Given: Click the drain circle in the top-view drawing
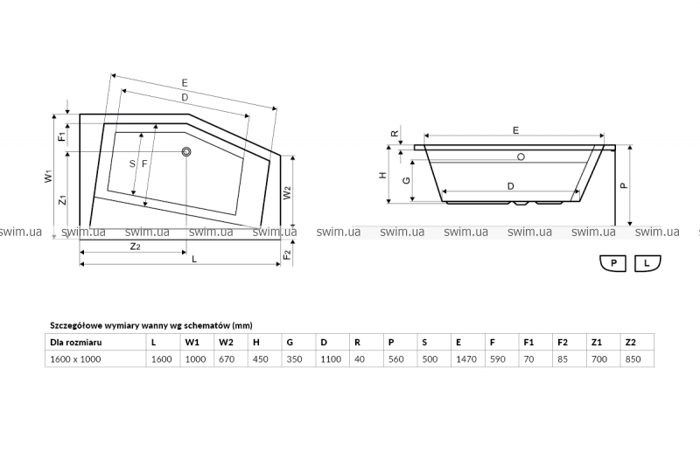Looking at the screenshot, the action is (186, 152).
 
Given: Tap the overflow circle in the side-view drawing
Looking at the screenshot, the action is (521, 157).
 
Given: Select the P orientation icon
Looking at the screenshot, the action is (612, 263).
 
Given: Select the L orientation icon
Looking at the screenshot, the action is (647, 263).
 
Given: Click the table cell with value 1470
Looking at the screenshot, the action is (468, 359).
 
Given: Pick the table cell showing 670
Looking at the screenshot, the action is (230, 359).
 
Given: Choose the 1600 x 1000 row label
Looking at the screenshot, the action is (75, 359).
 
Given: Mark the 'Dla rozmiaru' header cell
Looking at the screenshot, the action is (95, 343).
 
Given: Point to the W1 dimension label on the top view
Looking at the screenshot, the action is (49, 176).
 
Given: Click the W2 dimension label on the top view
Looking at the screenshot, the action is (288, 192).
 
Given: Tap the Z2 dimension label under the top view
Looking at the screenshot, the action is (135, 247).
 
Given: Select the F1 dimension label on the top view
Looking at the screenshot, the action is (62, 135).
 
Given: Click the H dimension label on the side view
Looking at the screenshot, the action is (383, 175).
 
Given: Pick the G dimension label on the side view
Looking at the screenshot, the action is (406, 180).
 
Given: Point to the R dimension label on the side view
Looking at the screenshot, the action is (395, 134).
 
